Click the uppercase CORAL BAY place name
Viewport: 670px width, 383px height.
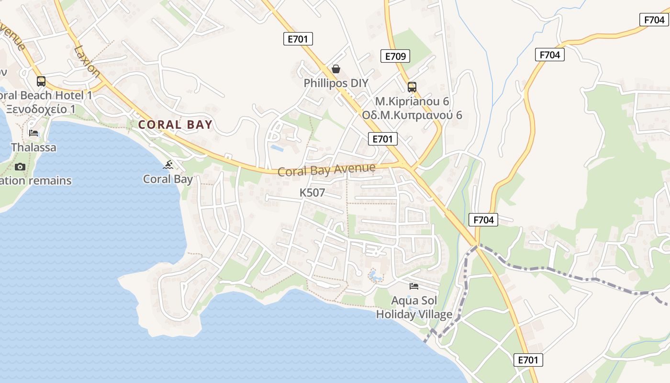click(175, 125)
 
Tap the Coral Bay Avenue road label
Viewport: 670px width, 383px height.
click(326, 170)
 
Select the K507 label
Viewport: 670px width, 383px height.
click(312, 193)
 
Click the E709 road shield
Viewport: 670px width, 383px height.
click(395, 56)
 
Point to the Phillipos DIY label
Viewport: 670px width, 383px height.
click(336, 83)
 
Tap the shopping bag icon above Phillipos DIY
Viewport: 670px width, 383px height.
click(336, 69)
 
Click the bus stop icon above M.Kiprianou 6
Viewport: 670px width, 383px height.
click(412, 87)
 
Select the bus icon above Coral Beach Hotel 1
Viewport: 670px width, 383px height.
click(41, 81)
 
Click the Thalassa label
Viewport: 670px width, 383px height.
click(33, 147)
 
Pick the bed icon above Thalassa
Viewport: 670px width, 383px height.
click(33, 133)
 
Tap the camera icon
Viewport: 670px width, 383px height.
click(20, 167)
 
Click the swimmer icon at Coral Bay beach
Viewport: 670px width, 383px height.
click(168, 165)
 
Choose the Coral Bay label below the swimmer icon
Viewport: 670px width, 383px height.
click(168, 180)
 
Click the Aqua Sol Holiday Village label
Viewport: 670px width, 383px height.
click(414, 308)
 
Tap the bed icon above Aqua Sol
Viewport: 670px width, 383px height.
click(414, 286)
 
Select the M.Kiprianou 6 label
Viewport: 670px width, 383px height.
click(412, 101)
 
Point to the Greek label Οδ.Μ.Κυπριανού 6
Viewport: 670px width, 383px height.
click(412, 115)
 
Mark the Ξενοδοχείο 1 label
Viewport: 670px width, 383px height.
click(40, 109)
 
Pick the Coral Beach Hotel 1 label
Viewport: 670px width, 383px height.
click(46, 95)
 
